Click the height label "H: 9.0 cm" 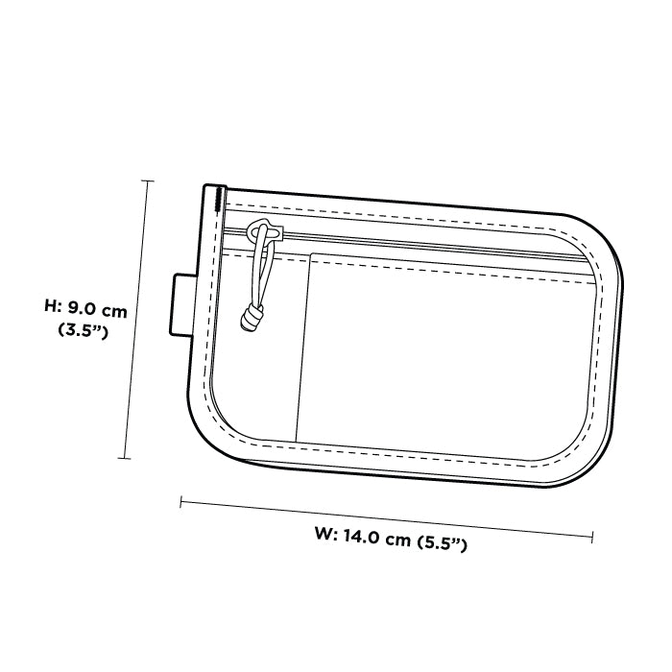click(x=85, y=308)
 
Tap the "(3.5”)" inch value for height click(x=83, y=330)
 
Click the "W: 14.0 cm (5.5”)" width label click(x=391, y=540)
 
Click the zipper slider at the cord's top click(x=265, y=230)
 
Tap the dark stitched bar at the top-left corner click(x=220, y=200)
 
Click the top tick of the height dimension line click(x=148, y=180)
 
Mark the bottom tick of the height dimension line click(x=124, y=458)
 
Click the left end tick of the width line click(x=181, y=502)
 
